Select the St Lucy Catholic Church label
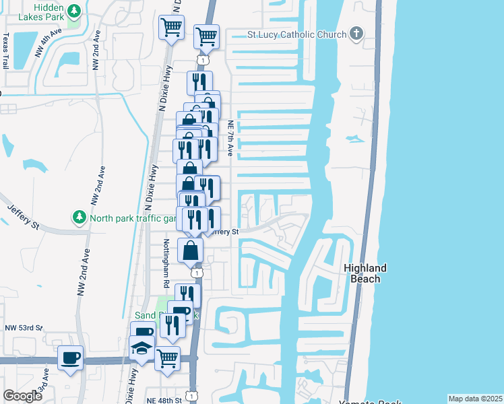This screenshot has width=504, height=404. (296, 34)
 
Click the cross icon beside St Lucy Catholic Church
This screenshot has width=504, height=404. (356, 34)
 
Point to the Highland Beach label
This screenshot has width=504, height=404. (366, 273)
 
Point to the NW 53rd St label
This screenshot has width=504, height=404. (24, 328)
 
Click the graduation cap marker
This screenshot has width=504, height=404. (142, 348)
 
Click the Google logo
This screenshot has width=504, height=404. (22, 397)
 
